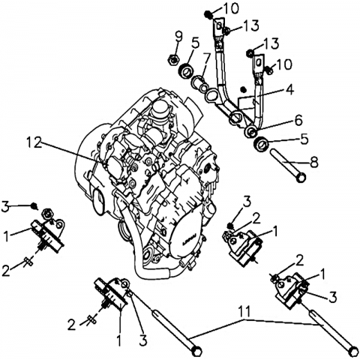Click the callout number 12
coord(34,143)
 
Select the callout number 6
coord(298,120)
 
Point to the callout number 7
coord(206,61)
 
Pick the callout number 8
coord(314,162)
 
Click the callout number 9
coord(179,37)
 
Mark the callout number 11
coord(243,311)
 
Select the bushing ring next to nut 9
coord(186,70)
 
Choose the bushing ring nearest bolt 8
coord(261,144)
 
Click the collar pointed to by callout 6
coord(250,131)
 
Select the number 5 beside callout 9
coord(196,43)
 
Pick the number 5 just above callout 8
coord(304,140)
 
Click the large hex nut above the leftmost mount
coord(46,214)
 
